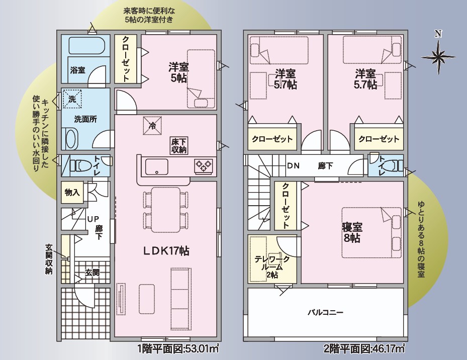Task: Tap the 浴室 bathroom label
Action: coord(77,70)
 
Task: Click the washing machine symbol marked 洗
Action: coord(72,99)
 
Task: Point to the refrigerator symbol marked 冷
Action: coord(152,126)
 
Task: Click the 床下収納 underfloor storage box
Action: coord(179,145)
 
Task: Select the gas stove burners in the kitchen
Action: coord(204,166)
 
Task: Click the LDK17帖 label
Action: coord(166,251)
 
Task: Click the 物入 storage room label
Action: coord(72,192)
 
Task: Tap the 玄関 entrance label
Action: coord(92,273)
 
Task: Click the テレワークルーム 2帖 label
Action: coord(272,266)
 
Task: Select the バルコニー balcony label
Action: coord(325,312)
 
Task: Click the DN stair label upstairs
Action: coord(294,166)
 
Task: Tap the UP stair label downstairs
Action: coord(93,219)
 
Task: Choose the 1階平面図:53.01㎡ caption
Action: coord(178,348)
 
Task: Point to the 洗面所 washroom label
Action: coord(85,119)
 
